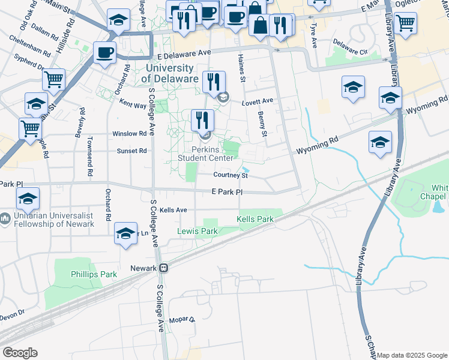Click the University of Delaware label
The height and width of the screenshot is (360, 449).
pyautogui.click(x=172, y=74)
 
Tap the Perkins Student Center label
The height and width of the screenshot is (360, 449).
pyautogui.click(x=205, y=154)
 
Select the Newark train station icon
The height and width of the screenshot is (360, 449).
pyautogui.click(x=163, y=268)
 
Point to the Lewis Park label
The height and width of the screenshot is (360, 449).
pyautogui.click(x=197, y=231)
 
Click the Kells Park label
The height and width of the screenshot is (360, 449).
pyautogui.click(x=255, y=220)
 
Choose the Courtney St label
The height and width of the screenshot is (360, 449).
pyautogui.click(x=231, y=176)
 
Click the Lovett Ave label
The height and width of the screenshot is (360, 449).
pyautogui.click(x=258, y=101)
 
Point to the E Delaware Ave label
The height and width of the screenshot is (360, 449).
pyautogui.click(x=184, y=53)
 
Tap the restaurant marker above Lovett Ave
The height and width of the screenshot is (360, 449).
pyautogui.click(x=214, y=82)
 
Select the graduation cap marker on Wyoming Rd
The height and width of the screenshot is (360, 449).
pyautogui.click(x=380, y=143)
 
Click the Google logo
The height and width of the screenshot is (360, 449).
pyautogui.click(x=20, y=353)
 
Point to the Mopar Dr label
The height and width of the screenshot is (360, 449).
pyautogui.click(x=182, y=320)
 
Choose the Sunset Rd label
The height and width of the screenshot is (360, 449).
pyautogui.click(x=131, y=151)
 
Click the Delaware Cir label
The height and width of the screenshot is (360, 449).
pyautogui.click(x=349, y=44)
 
